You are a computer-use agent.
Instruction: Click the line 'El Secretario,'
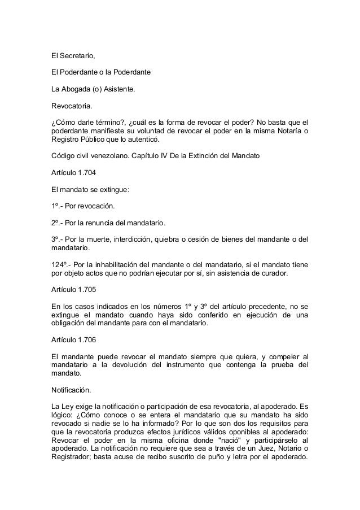(73, 56)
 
